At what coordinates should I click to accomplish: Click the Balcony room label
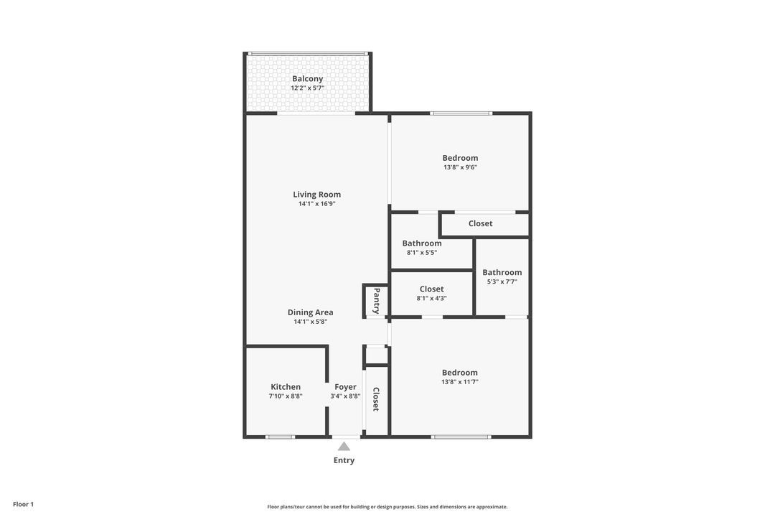tap(307, 79)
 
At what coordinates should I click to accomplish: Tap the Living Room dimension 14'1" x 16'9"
tap(317, 204)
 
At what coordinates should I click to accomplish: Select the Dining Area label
tap(310, 312)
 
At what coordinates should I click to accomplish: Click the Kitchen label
tap(286, 387)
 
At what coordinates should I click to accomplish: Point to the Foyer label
tap(345, 387)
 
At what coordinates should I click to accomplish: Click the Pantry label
tap(375, 300)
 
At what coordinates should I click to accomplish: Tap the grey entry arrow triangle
tap(344, 447)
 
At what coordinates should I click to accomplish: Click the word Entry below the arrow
tap(344, 460)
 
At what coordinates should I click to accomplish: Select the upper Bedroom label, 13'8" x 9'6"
tap(460, 158)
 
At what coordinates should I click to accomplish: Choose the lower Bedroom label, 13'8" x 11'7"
tap(459, 373)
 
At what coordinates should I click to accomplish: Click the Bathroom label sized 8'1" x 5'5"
tap(422, 243)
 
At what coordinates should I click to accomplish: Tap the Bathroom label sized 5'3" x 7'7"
tap(502, 272)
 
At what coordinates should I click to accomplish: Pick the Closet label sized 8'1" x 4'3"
tap(431, 289)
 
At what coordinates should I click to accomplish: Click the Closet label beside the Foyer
tap(375, 399)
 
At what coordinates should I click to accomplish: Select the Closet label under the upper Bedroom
tap(480, 223)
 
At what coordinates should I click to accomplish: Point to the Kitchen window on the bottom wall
tap(280, 437)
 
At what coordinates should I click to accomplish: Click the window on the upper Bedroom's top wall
tap(461, 113)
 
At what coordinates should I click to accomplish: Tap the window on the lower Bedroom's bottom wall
tap(461, 437)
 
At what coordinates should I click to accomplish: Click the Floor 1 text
tap(23, 504)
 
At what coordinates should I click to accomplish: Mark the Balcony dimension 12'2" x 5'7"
tap(307, 88)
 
